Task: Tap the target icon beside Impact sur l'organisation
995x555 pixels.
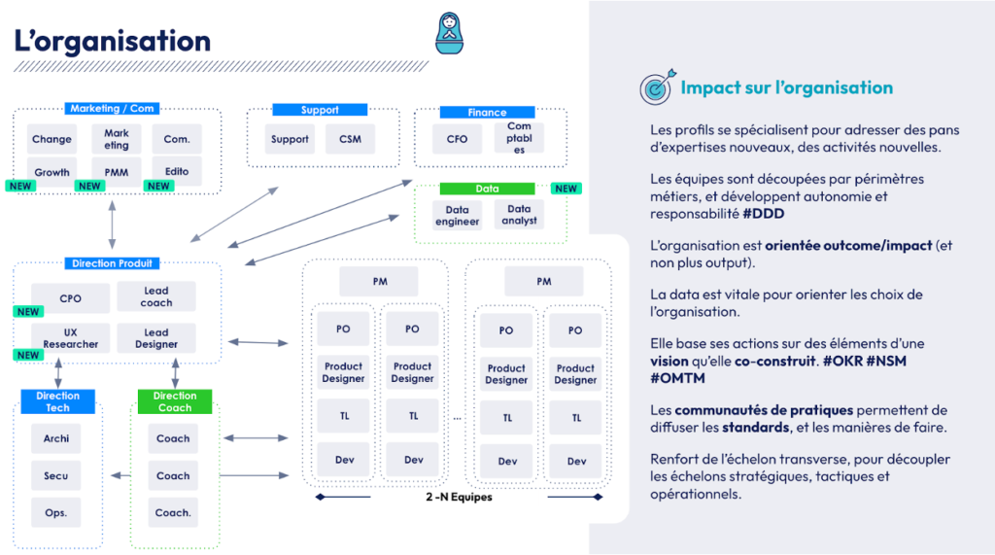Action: tap(656, 88)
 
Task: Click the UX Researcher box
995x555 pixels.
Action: tap(70, 338)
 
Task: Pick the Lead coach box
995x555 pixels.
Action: tap(155, 296)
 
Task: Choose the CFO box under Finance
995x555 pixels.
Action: tap(457, 139)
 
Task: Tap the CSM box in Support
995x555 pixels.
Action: tap(350, 139)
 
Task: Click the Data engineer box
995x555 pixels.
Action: tap(457, 215)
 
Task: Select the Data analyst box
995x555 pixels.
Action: tap(519, 215)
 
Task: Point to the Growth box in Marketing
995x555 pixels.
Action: tap(51, 172)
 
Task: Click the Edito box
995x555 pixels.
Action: tap(177, 172)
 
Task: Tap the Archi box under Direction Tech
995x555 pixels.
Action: tap(56, 439)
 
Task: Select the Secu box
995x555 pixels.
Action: tap(56, 476)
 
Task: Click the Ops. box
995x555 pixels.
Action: tap(56, 512)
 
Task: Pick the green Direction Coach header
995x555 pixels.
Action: tap(175, 401)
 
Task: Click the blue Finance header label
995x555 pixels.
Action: tap(487, 113)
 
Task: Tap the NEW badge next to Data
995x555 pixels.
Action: tap(566, 189)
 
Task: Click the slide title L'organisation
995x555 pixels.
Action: tap(113, 42)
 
